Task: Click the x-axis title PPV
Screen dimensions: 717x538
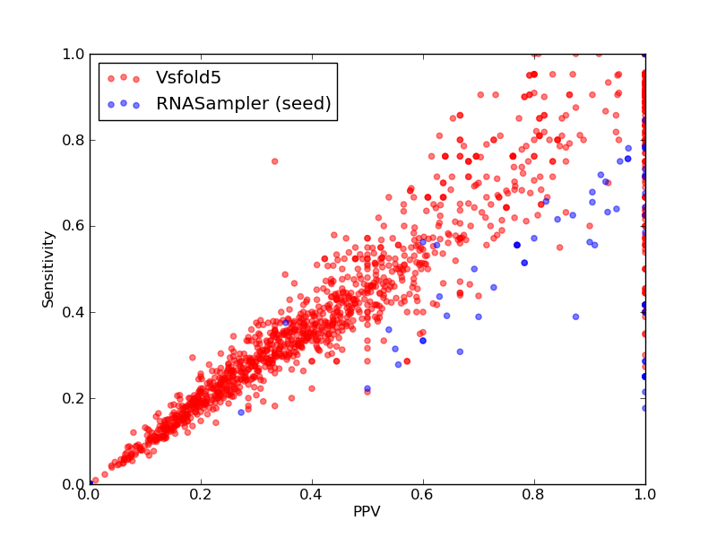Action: point(367,511)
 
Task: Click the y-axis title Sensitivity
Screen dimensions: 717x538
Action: point(48,269)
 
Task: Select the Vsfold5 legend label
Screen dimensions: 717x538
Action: point(188,77)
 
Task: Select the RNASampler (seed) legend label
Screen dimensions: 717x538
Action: point(243,103)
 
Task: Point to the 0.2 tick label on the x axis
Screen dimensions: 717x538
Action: point(201,495)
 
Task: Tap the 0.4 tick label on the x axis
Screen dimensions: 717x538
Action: point(312,495)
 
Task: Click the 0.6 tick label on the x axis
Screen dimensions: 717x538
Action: point(423,495)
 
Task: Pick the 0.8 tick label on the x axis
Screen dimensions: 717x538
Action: point(534,495)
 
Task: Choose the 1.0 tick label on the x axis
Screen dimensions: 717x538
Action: point(645,495)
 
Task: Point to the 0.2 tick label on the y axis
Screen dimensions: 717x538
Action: point(73,398)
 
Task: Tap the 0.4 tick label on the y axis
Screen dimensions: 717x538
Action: point(73,312)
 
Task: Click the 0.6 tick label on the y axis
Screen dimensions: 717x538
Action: point(73,226)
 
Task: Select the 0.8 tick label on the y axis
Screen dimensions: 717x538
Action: point(73,140)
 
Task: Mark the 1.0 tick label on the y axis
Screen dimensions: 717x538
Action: point(73,54)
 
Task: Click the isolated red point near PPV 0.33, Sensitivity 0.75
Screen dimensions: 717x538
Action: point(275,161)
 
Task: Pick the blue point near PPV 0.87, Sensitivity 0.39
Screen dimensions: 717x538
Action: point(575,317)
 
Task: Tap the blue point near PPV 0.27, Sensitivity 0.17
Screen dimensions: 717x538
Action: point(241,412)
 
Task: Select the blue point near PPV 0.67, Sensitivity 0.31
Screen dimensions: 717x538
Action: point(460,351)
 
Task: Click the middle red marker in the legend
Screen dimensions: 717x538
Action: point(124,77)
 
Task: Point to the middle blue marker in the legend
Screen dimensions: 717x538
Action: point(124,103)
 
